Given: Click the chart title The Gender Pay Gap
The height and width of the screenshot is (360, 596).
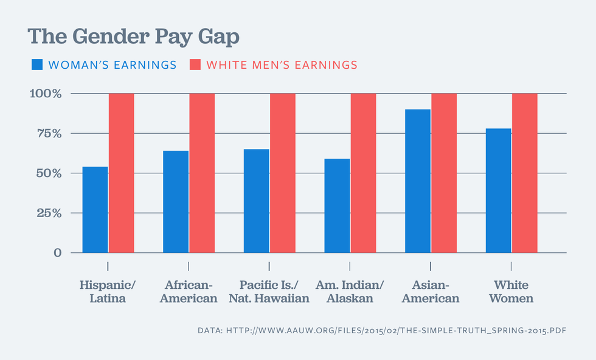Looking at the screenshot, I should pos(133,36).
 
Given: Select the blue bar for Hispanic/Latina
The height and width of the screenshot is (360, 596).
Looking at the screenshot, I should pos(95,210).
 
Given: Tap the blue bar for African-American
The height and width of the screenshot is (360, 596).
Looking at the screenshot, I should pos(176,202).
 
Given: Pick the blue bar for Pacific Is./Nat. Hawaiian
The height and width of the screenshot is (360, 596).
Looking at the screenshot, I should pos(256,201).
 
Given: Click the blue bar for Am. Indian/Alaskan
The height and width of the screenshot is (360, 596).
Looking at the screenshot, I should pos(337,206).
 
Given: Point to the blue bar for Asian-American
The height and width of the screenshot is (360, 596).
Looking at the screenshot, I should pos(418,181).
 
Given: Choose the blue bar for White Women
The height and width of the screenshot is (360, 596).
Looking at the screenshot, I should pos(498,190).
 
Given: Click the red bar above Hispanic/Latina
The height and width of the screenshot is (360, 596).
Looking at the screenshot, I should pos(122,173).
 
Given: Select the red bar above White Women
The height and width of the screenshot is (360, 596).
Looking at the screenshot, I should pos(525,173).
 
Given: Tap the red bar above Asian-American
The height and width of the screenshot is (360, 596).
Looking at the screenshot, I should pos(444,173).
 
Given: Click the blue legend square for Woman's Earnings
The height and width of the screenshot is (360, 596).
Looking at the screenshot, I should pos(36,64).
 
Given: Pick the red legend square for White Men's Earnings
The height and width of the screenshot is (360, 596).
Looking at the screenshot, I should pos(195,64).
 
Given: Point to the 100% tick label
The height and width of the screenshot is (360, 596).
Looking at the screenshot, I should pos(45,94).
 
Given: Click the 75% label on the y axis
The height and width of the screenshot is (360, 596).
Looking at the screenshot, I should pos(49,134).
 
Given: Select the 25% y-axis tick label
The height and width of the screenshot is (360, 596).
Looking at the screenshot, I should pos(49,213).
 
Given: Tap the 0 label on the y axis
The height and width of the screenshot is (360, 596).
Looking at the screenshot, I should pos(58,253).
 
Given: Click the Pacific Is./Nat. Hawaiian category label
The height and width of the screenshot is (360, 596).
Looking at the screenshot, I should pos(269,292).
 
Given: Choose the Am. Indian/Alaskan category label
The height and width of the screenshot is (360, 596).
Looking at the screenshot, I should pos(350,292).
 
